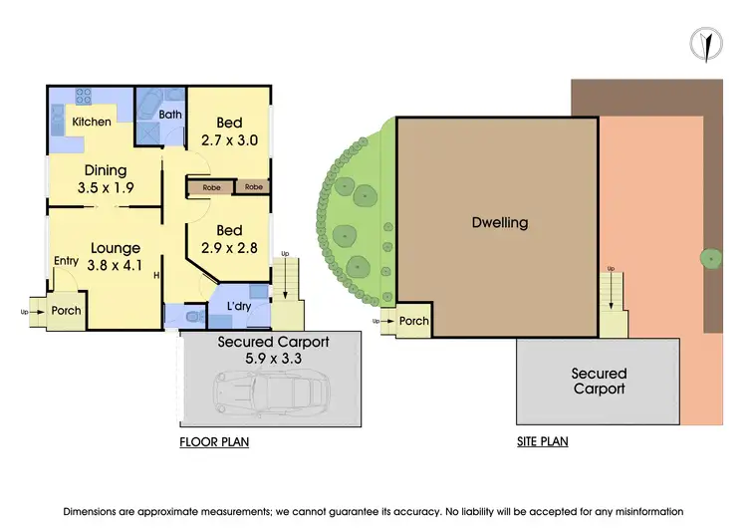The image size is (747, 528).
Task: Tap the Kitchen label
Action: (x=92, y=123)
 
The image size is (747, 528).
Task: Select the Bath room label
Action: (x=170, y=115)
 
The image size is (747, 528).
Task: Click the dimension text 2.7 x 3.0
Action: (x=230, y=140)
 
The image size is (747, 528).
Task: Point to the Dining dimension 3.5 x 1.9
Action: (x=106, y=186)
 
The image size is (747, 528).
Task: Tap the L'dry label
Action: (x=239, y=306)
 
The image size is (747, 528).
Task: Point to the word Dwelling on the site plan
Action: (x=499, y=222)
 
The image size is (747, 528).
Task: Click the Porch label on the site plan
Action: (x=414, y=321)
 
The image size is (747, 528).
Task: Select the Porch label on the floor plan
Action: (x=66, y=311)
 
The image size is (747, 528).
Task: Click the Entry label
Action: (x=67, y=261)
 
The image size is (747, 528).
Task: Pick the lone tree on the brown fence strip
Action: (x=710, y=259)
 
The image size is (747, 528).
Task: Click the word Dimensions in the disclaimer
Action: (x=102, y=510)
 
